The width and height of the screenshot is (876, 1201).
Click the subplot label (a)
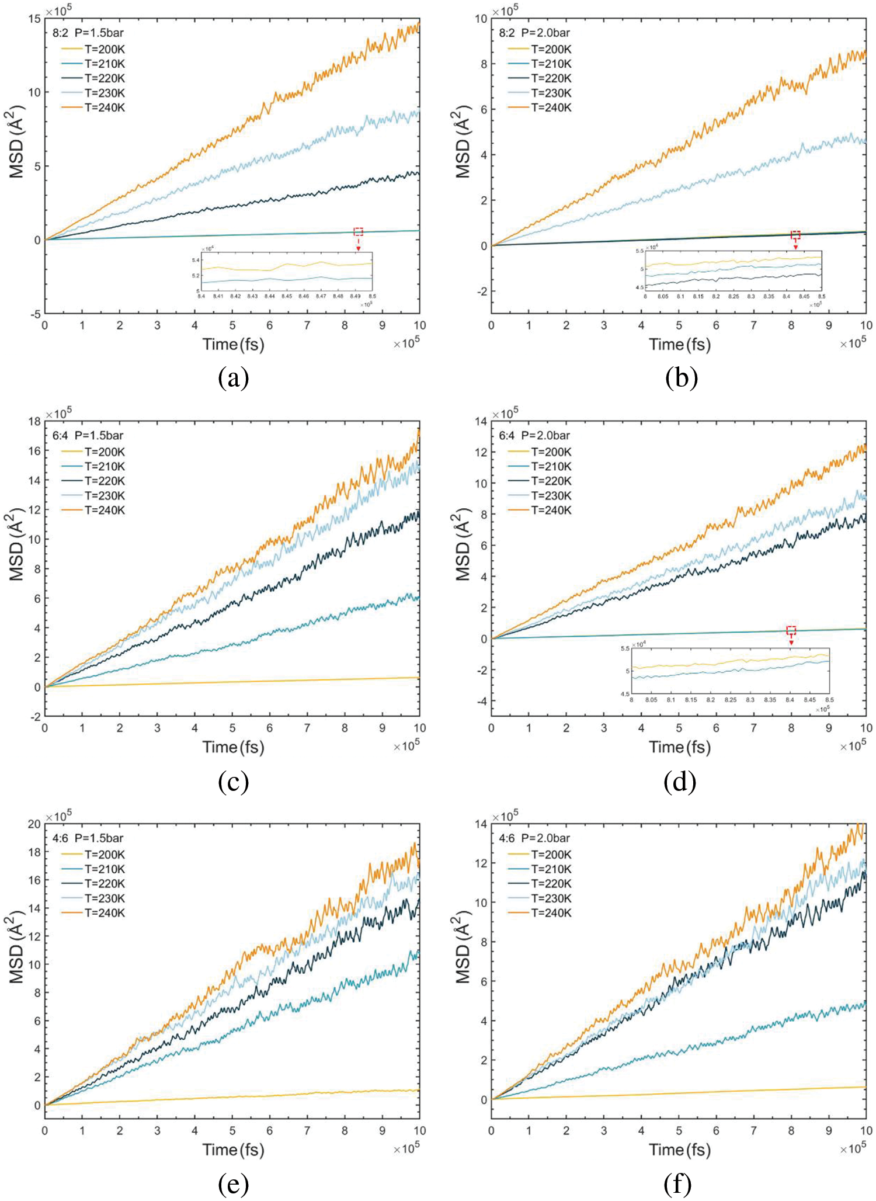coord(233,379)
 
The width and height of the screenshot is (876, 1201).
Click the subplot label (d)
coord(680,782)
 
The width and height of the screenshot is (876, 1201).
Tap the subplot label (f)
coord(677,1184)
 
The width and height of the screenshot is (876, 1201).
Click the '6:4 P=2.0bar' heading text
coord(534,435)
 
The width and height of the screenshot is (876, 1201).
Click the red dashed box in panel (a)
coord(359,232)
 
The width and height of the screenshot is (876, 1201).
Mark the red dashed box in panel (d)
coord(791,630)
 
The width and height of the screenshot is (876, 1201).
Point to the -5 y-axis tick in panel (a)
coord(36,314)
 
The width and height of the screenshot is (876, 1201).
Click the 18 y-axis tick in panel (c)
coord(34,421)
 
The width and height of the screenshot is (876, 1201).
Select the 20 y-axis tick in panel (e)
coord(34,824)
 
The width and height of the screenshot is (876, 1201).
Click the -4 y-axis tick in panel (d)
coord(481,701)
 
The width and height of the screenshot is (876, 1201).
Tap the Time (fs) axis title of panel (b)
coord(680,344)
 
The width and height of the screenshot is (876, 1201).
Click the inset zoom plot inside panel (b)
coord(734,275)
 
